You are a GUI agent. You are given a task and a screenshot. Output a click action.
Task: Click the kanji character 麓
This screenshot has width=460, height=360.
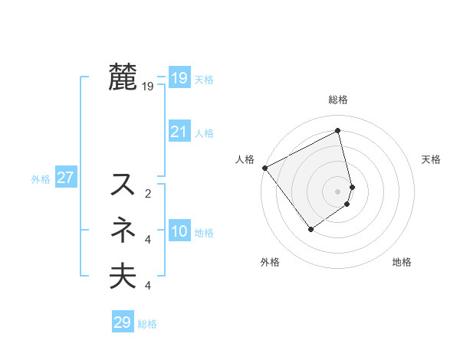click(x=123, y=77)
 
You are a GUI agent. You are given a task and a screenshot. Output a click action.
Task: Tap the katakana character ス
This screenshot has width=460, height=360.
click(x=123, y=185)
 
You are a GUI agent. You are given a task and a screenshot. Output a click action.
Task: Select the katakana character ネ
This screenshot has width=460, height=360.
click(x=123, y=231)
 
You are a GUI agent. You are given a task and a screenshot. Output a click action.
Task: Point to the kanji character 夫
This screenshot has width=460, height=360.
click(x=123, y=276)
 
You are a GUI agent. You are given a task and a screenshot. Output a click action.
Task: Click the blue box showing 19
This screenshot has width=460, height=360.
click(x=179, y=78)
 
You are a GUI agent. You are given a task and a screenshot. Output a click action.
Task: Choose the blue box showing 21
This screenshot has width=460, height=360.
click(x=179, y=132)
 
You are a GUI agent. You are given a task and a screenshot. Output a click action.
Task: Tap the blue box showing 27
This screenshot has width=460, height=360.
click(x=65, y=178)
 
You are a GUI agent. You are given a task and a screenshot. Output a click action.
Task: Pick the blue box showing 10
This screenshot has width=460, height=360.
click(x=179, y=231)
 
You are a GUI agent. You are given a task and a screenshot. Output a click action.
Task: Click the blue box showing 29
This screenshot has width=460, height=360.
click(x=123, y=322)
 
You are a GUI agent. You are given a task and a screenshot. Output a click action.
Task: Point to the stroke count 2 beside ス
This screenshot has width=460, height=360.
click(x=148, y=194)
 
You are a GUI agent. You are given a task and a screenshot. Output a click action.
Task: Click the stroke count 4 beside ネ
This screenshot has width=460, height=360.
click(x=148, y=240)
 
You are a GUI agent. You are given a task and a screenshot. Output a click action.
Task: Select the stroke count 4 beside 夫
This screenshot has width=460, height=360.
click(x=148, y=286)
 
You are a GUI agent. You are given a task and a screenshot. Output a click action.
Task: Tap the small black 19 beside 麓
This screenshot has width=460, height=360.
click(x=148, y=87)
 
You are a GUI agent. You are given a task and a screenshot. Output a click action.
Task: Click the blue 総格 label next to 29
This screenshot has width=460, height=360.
click(x=147, y=324)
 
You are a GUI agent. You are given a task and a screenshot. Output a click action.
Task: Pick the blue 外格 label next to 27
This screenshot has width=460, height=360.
click(x=41, y=179)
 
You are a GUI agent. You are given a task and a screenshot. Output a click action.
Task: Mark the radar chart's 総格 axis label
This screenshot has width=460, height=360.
click(x=338, y=100)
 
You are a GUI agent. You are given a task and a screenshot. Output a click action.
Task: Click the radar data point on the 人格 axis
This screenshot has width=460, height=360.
click(x=264, y=167)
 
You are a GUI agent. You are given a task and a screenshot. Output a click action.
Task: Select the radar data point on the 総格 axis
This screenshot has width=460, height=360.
click(x=338, y=131)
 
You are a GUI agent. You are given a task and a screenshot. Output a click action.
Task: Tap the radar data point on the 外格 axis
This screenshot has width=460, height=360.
click(x=311, y=228)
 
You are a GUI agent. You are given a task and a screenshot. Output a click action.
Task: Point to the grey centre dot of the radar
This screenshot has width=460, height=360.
click(x=338, y=190)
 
